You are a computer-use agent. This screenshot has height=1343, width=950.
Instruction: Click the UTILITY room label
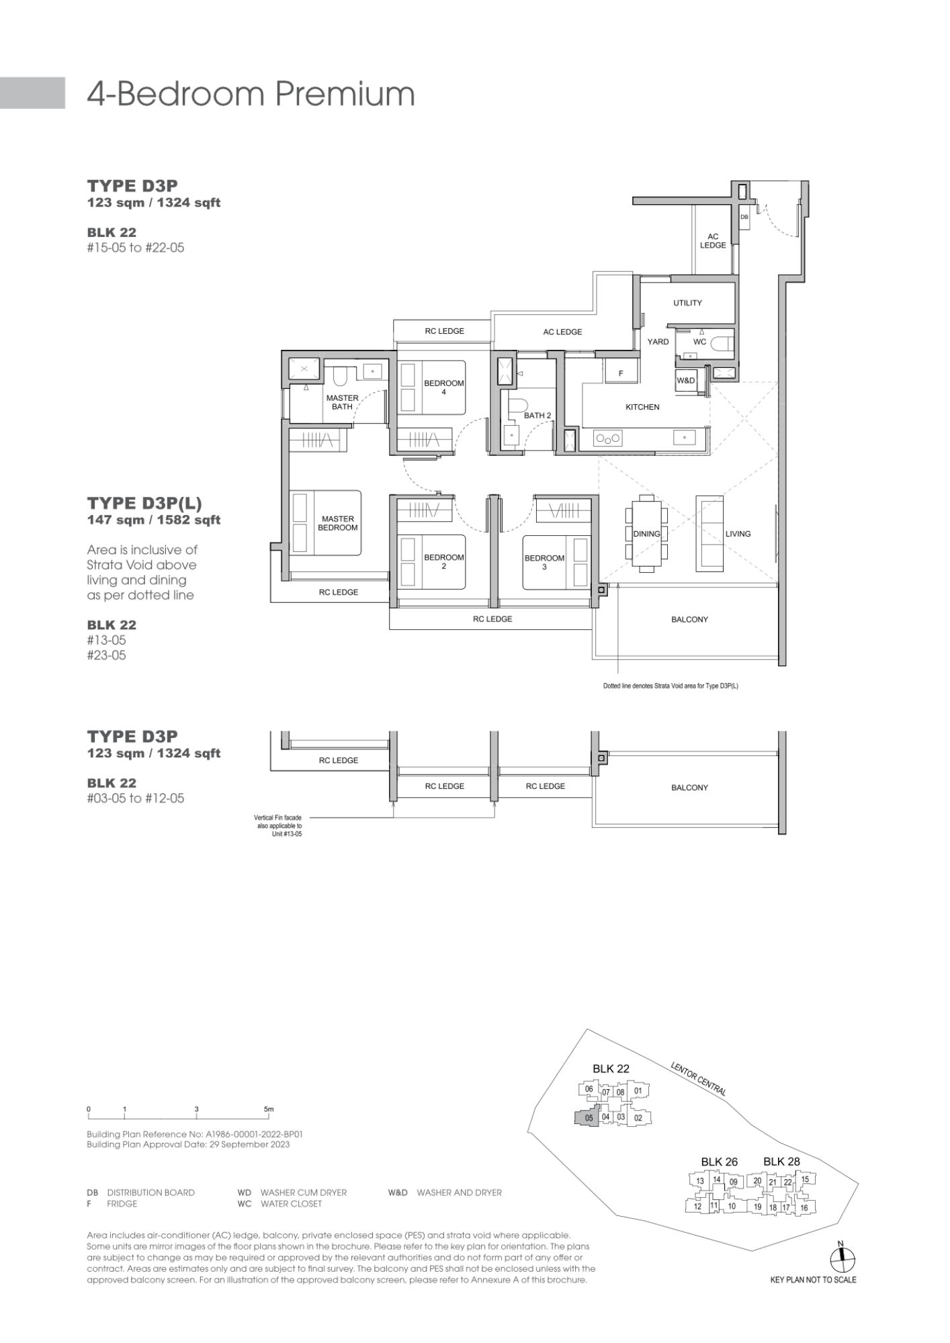tap(687, 303)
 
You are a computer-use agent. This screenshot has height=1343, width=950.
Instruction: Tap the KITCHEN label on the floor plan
tap(642, 407)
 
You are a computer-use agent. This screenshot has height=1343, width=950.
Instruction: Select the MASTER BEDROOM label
tap(338, 523)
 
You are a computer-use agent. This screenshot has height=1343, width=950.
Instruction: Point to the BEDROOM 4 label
tap(443, 387)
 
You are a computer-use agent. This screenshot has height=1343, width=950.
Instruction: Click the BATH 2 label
tap(537, 416)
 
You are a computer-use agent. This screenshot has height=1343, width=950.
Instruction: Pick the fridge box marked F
tap(621, 372)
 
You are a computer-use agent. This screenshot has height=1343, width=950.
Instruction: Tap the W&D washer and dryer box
tap(686, 381)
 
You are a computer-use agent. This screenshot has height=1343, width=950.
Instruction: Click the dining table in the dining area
tap(646, 534)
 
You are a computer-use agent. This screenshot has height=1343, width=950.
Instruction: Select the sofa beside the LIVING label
tap(709, 534)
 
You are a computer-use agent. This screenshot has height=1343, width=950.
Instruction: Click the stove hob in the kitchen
tap(608, 438)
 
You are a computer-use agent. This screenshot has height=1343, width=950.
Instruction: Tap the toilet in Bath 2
tap(515, 406)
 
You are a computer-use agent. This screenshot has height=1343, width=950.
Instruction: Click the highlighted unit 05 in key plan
tap(588, 1118)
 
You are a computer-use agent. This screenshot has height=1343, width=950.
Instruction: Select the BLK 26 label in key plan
tap(719, 1162)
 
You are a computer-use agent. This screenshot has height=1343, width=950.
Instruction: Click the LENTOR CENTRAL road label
tap(698, 1079)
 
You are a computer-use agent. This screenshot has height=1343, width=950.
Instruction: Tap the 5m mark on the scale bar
tap(269, 1109)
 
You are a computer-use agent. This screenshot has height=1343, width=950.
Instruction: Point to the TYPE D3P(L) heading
tap(144, 503)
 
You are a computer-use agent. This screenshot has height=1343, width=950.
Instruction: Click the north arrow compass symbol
tap(840, 1260)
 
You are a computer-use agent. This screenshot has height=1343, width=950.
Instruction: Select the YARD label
tap(658, 342)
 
